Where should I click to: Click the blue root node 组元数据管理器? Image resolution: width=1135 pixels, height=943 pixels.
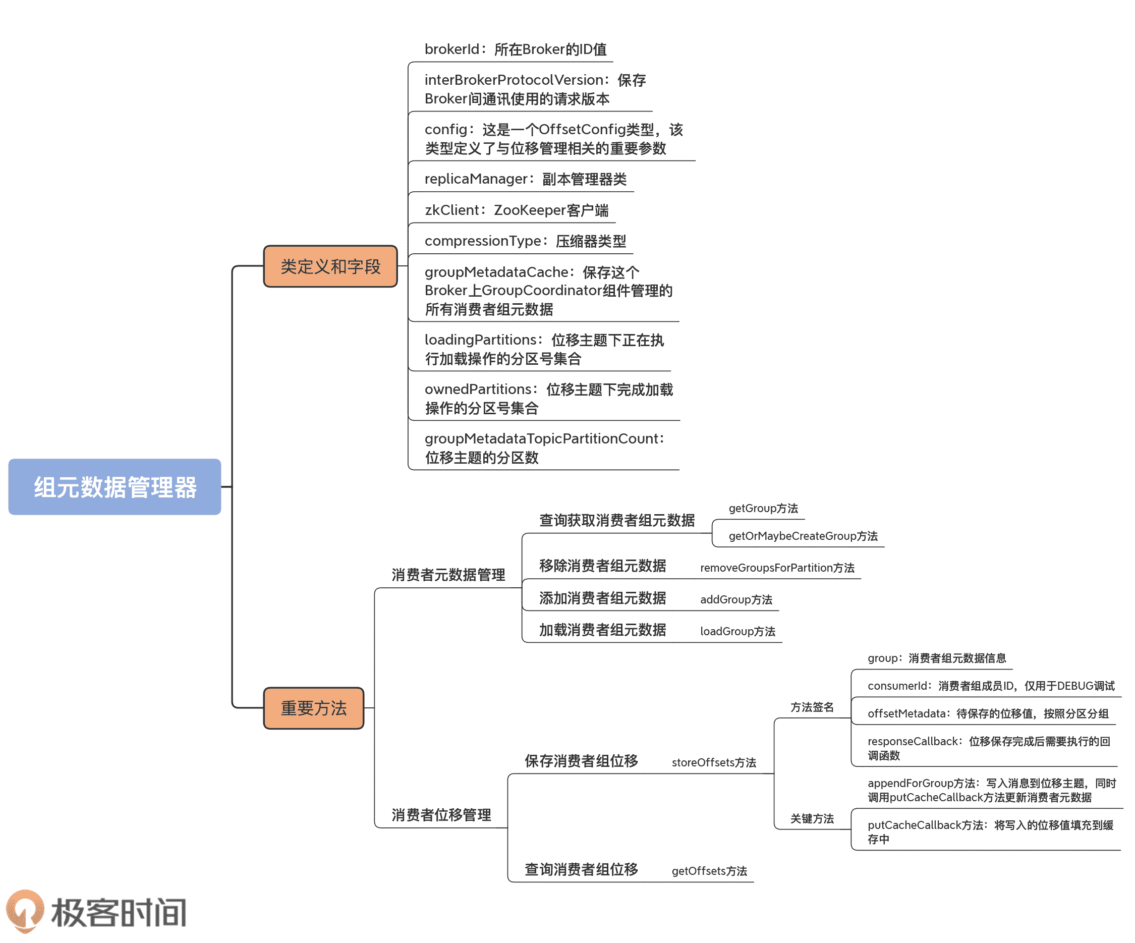(x=115, y=487)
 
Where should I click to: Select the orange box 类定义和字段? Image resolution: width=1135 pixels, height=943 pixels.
(x=330, y=266)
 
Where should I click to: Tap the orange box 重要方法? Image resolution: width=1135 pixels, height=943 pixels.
(x=313, y=708)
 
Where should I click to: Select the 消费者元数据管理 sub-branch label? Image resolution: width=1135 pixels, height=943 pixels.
(x=448, y=574)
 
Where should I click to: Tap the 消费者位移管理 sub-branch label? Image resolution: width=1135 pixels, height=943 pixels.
(x=441, y=814)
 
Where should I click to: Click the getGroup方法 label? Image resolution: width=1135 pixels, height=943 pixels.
(x=763, y=508)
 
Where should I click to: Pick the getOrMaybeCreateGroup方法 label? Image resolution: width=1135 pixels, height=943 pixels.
(x=803, y=536)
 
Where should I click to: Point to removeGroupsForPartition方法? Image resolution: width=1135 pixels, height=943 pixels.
(x=777, y=568)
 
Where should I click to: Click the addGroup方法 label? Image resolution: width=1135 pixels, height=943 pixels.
(x=735, y=599)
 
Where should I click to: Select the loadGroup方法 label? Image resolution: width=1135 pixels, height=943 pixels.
(x=737, y=631)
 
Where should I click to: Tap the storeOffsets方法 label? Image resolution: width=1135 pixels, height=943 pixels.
(x=713, y=762)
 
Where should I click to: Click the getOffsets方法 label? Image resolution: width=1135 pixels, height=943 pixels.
(x=709, y=870)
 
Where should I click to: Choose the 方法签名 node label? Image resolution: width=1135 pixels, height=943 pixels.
(x=811, y=707)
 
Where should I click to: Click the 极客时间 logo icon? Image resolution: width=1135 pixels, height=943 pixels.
(x=25, y=911)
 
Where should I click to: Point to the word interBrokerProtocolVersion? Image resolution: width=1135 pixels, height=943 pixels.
(x=514, y=80)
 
